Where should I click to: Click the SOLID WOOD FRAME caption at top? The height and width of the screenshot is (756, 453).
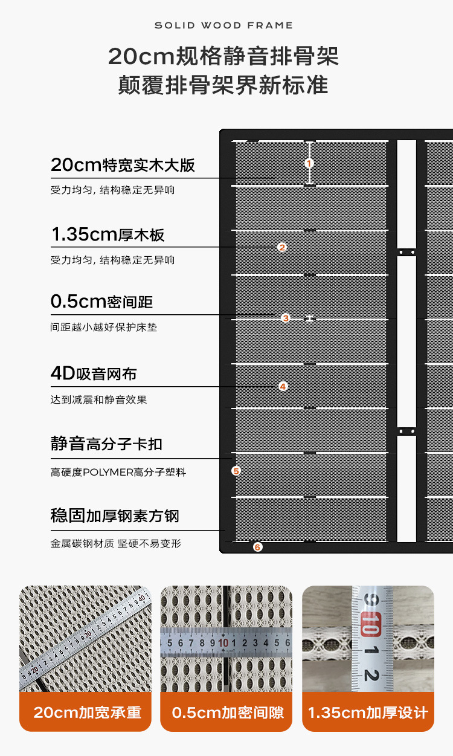tap(223, 25)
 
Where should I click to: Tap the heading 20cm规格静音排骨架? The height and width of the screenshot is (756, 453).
tap(223, 56)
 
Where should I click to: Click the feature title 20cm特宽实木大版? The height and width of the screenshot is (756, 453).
tap(123, 165)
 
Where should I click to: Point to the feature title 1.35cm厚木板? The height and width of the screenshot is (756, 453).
tap(108, 234)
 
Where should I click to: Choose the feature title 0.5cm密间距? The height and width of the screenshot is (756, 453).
tap(101, 302)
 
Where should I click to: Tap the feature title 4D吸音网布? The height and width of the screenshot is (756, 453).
tap(94, 373)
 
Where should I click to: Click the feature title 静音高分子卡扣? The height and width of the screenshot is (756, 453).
tap(106, 444)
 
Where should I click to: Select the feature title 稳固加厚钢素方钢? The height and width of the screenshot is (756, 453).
tap(115, 516)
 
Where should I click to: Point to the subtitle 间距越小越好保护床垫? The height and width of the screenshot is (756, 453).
tap(104, 328)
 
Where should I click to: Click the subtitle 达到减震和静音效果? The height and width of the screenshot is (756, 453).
tap(98, 399)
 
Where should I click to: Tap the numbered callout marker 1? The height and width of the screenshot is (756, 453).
tap(309, 163)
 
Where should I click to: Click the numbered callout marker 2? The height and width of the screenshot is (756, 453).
tap(282, 247)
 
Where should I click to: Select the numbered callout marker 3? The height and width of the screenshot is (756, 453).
tap(286, 318)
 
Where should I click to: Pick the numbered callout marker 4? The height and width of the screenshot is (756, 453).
tap(283, 386)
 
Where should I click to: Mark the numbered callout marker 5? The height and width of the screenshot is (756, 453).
tap(236, 470)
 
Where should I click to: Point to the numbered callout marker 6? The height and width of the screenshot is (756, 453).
tap(258, 547)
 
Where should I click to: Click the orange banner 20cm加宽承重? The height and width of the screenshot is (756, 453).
tap(87, 712)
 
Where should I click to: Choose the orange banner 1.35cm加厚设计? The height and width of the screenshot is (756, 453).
tap(368, 712)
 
